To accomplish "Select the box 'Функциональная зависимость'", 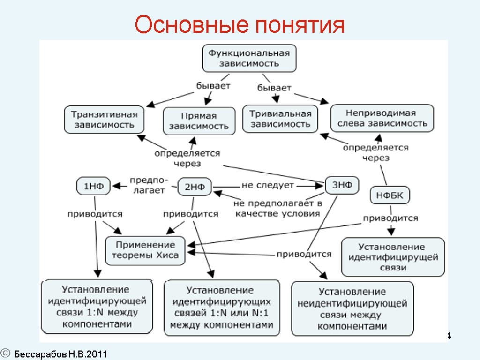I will [x=249, y=58].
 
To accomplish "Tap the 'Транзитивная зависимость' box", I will [x=104, y=120].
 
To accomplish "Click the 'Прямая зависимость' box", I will [x=199, y=121].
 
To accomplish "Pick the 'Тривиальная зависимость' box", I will [x=280, y=119].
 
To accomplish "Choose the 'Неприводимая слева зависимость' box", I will [x=382, y=118].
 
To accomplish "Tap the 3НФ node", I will [x=342, y=185].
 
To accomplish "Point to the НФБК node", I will [x=390, y=195].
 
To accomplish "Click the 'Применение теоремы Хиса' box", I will [x=145, y=250].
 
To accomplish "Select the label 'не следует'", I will [x=268, y=185].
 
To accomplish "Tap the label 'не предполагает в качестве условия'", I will [x=278, y=208].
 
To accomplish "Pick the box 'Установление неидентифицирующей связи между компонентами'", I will [x=352, y=308].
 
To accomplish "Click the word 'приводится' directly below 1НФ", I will [x=95, y=214].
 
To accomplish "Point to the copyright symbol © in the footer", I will [x=6, y=353].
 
